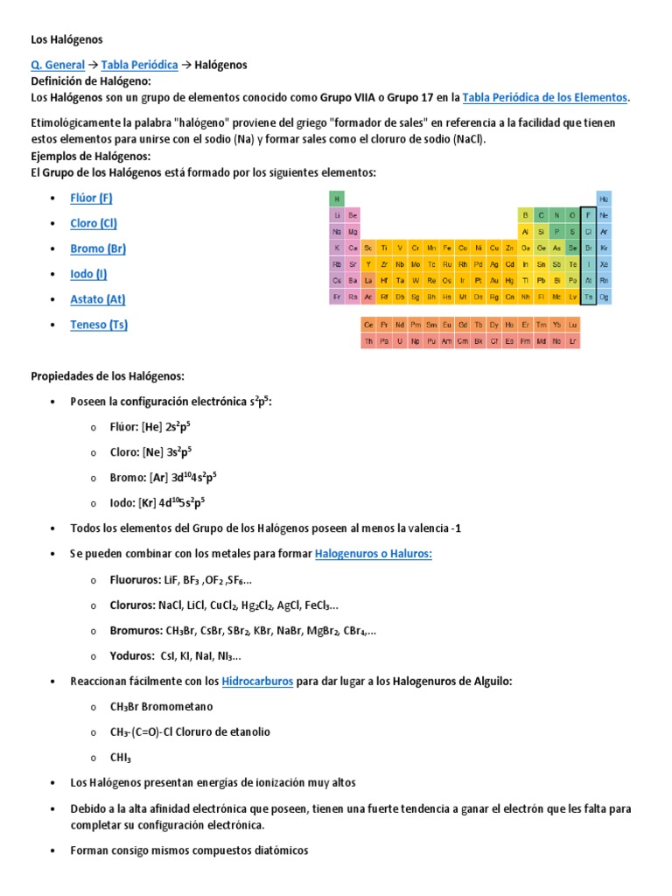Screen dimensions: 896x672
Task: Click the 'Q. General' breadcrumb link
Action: click(x=58, y=65)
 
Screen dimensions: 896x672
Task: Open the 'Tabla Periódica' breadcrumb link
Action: click(x=139, y=65)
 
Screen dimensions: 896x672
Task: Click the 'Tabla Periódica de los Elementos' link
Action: click(x=544, y=97)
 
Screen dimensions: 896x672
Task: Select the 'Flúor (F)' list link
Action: click(x=91, y=198)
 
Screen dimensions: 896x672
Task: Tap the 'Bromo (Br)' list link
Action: click(x=98, y=248)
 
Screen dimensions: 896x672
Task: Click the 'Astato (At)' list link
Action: click(x=98, y=299)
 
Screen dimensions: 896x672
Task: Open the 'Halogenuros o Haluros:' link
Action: click(x=374, y=554)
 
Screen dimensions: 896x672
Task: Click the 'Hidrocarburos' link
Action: click(x=257, y=681)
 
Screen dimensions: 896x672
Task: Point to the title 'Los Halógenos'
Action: click(x=67, y=39)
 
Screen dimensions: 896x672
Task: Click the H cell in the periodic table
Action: click(x=337, y=199)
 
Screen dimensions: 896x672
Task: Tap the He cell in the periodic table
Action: click(x=604, y=199)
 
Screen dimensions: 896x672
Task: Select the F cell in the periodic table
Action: click(x=588, y=215)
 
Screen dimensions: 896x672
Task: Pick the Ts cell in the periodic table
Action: click(x=588, y=297)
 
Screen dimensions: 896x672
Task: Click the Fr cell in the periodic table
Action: click(x=337, y=297)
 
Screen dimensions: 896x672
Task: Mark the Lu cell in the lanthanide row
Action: click(x=572, y=325)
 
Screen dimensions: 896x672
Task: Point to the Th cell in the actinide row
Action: click(x=368, y=340)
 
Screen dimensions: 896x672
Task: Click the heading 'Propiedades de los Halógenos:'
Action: click(x=108, y=376)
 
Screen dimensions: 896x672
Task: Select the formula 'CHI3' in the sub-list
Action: click(x=122, y=757)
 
